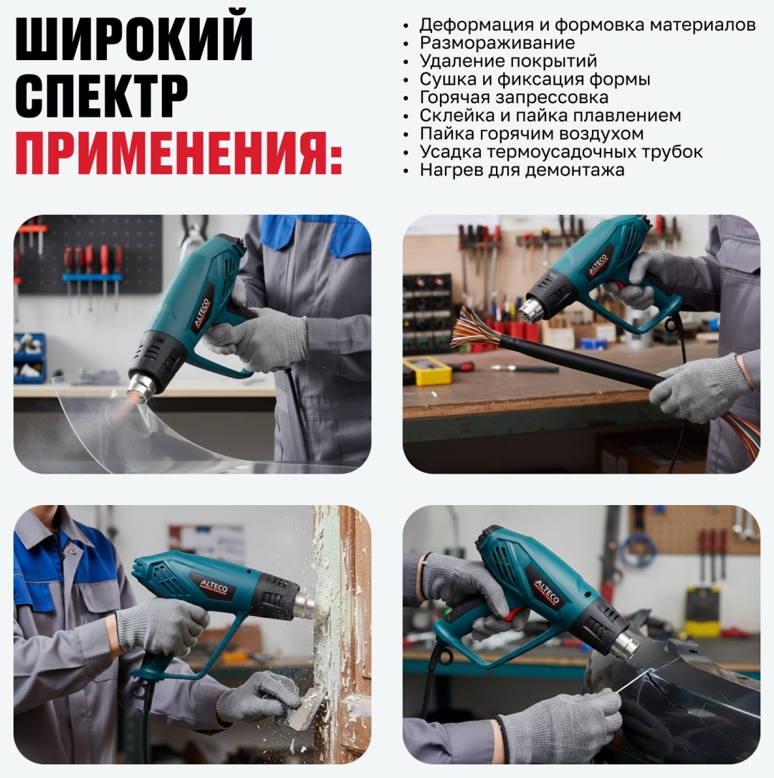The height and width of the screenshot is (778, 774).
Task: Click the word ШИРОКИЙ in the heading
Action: (x=134, y=39)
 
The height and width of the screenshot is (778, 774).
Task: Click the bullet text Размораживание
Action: (x=497, y=43)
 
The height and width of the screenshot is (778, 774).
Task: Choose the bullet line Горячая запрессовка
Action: (x=514, y=97)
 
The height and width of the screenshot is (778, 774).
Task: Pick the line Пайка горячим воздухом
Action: (x=532, y=133)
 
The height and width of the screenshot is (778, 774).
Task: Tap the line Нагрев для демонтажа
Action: (x=522, y=170)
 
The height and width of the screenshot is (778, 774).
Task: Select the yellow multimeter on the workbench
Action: (x=427, y=370)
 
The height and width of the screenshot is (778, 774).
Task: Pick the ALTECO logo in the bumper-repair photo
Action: (x=547, y=591)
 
